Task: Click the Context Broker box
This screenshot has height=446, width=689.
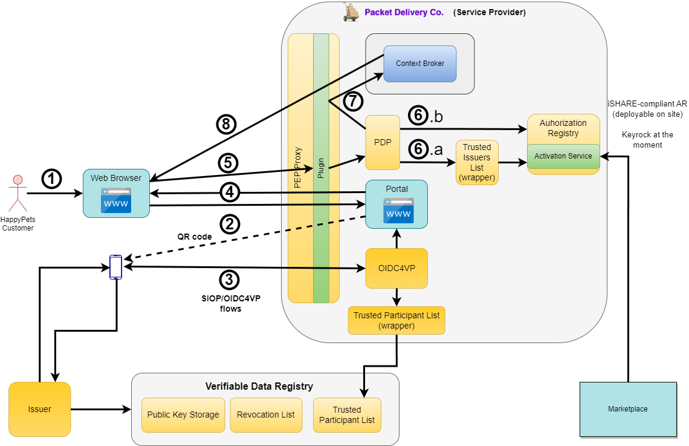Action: tap(420, 64)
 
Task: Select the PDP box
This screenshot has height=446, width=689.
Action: tap(383, 143)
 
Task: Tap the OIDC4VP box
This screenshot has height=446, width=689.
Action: tap(396, 268)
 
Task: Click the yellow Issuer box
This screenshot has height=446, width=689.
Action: tap(40, 409)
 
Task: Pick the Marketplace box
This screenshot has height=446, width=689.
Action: tap(628, 409)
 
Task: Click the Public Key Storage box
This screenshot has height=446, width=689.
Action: tap(183, 415)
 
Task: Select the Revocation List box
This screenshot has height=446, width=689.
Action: tap(266, 415)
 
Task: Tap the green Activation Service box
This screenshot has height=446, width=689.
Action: tap(563, 156)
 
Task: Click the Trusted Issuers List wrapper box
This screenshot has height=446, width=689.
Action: tap(477, 162)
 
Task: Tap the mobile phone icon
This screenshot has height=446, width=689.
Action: tap(115, 267)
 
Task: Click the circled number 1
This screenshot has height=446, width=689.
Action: tap(52, 179)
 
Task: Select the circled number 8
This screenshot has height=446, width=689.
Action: tap(226, 124)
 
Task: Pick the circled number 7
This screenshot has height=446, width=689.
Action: tap(353, 102)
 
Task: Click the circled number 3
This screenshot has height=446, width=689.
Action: tap(228, 280)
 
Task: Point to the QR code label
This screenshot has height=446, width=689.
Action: tap(194, 237)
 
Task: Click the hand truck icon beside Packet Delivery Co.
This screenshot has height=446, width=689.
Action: tap(351, 11)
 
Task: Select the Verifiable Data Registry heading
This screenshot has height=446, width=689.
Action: tap(259, 386)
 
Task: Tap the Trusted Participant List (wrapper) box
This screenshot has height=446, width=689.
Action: tap(396, 320)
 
